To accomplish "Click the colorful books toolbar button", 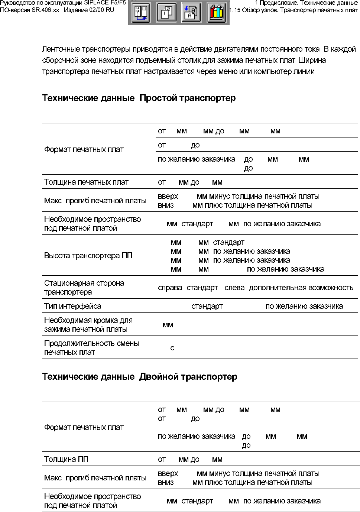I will pos(216,13).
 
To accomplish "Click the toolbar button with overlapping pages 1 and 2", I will pos(166,13).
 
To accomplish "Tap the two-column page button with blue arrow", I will pos(141,13).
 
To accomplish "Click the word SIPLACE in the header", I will pos(96,3).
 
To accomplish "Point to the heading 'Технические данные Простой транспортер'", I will pos(139,98).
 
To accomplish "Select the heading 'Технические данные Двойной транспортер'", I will pos(140,377).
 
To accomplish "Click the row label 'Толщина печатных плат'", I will pos(86,182).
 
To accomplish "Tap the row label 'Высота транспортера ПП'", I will pos(88,256).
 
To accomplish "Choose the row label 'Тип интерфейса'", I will pos(72,306).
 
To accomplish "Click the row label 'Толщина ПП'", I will pos(66,459).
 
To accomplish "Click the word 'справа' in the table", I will pos(170,288).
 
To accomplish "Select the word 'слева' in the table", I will pos(234,288).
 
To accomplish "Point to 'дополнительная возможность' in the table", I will pos(301,288).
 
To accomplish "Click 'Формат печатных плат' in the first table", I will pos(84,149).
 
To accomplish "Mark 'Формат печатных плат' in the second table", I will pos(84,427).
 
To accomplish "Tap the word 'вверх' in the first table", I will pos(168,196).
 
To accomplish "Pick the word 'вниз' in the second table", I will pos(166,482).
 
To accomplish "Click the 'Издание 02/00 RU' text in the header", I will pos(89,10).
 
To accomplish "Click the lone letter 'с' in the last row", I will pos(172,348).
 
